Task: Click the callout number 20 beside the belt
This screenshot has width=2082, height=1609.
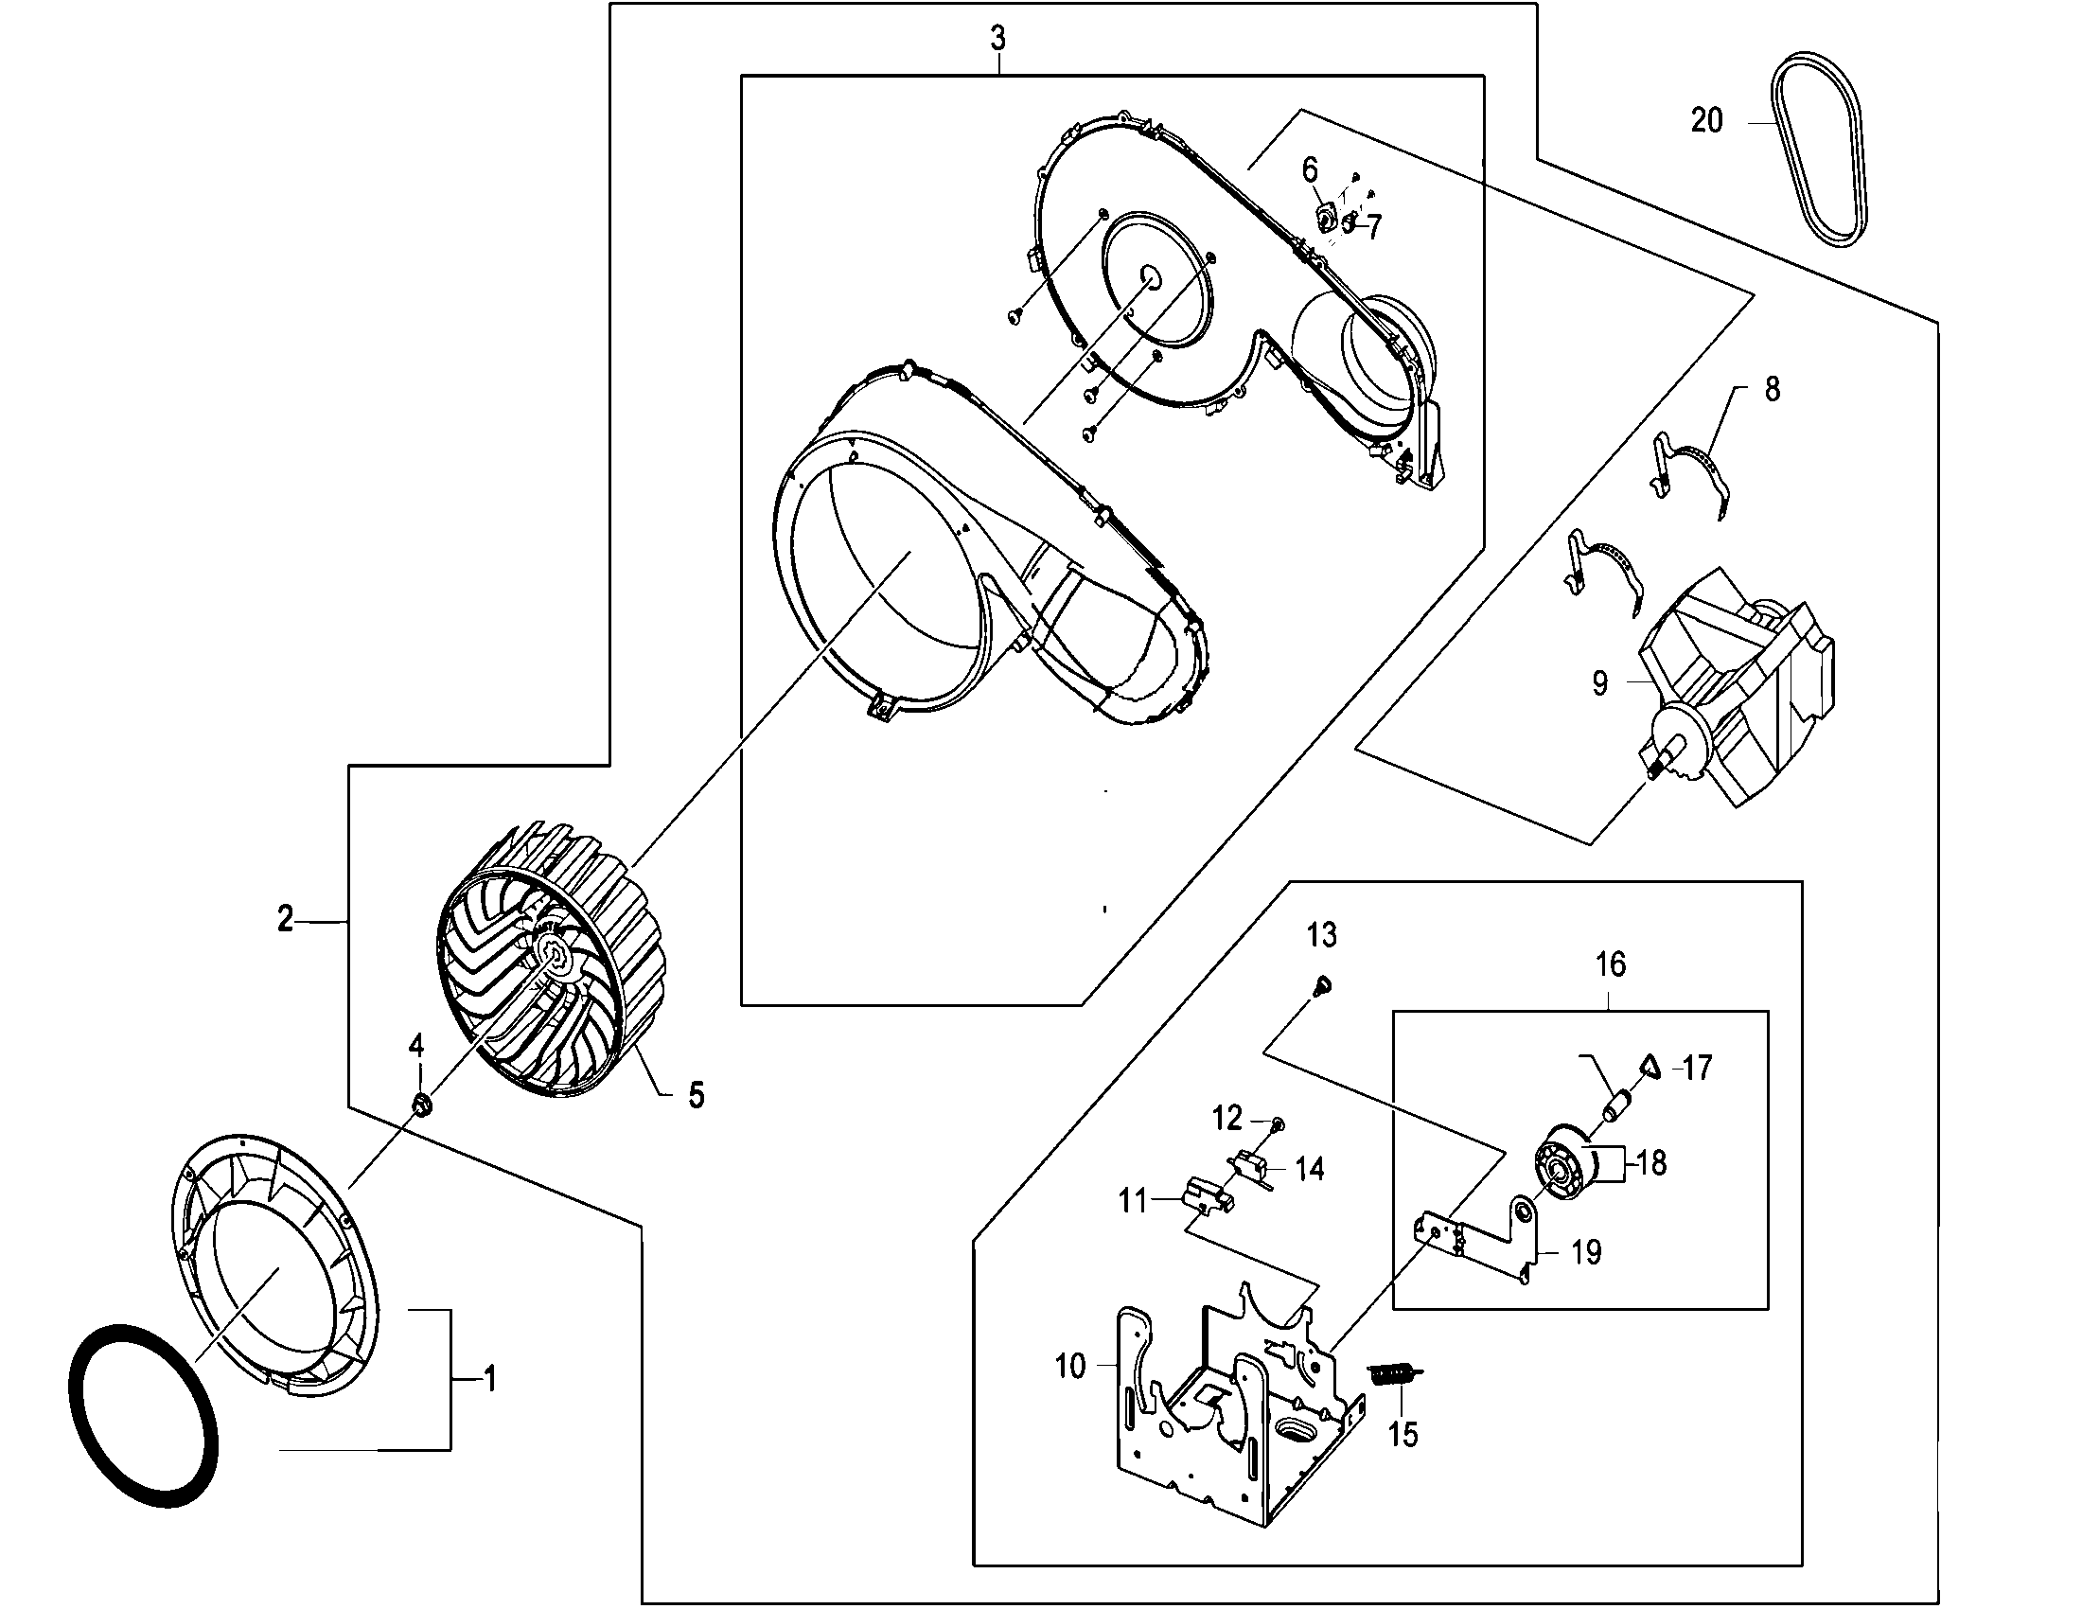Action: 1706,121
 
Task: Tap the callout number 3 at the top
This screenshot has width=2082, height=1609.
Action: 997,39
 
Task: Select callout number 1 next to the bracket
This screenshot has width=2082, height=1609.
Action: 490,1378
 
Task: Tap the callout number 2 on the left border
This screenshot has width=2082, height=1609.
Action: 285,919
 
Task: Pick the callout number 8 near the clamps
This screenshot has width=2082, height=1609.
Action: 1772,389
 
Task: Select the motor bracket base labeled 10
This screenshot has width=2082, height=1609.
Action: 1229,1411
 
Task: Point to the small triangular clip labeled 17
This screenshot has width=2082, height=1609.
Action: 1650,1066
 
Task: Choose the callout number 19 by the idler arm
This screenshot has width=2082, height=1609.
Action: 1586,1252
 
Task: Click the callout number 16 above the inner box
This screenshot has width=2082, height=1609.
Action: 1610,964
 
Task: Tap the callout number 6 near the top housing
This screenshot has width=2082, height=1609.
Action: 1310,170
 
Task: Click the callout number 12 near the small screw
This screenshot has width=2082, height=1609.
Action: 1226,1117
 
